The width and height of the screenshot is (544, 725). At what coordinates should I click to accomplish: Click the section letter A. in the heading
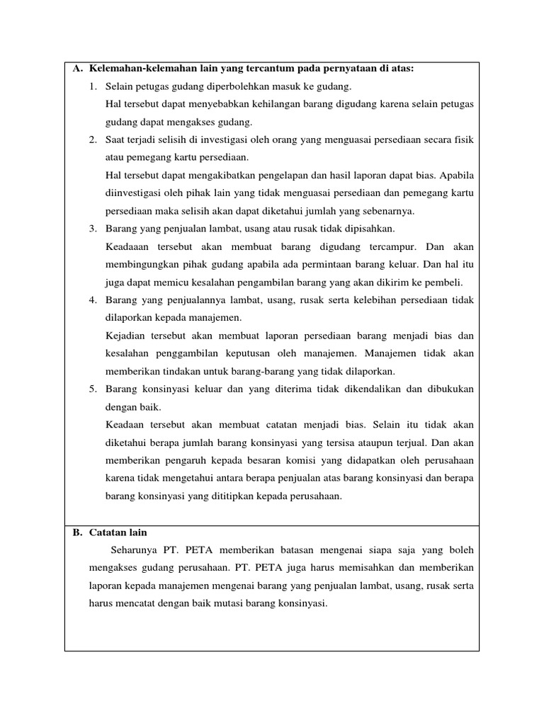pyautogui.click(x=78, y=69)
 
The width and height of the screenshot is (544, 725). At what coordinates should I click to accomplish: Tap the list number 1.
pyautogui.click(x=93, y=86)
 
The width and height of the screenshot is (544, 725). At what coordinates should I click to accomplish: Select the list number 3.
pyautogui.click(x=93, y=229)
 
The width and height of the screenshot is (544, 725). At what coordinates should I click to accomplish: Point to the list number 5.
pyautogui.click(x=93, y=389)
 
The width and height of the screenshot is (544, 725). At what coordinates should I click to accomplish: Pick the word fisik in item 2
pyautogui.click(x=463, y=139)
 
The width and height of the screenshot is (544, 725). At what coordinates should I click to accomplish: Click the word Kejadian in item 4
pyautogui.click(x=125, y=336)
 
